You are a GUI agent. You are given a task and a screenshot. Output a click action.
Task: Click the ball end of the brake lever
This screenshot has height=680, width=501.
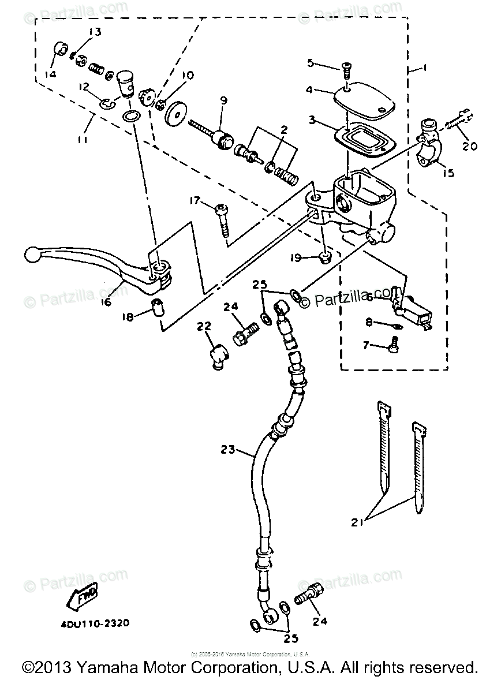tap(32, 254)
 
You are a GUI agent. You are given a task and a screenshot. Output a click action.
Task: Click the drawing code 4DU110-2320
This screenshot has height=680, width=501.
tap(94, 623)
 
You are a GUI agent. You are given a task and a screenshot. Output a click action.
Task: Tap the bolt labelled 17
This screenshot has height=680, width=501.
tap(222, 219)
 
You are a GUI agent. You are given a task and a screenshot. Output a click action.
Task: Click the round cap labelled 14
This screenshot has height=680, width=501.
tap(59, 49)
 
